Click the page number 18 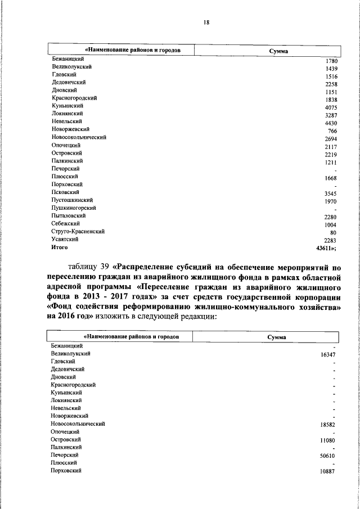point(206,22)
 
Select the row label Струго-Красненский point(78,231)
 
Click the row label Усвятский point(65,239)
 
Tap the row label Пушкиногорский point(73,208)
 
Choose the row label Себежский point(65,223)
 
